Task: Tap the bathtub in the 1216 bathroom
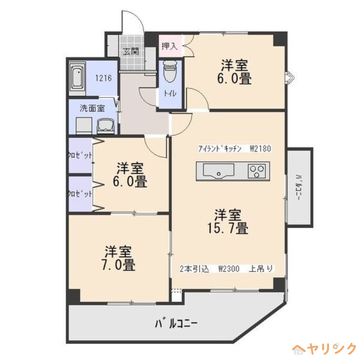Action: [x=78, y=79]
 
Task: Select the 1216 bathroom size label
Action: [x=103, y=77]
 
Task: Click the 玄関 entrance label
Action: [x=132, y=51]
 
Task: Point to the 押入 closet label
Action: [x=170, y=45]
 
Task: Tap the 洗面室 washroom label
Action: [x=92, y=108]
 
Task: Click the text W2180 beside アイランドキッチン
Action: [x=260, y=149]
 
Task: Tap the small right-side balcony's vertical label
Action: [x=299, y=186]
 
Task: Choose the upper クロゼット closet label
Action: [x=80, y=155]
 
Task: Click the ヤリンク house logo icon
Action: [x=299, y=349]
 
